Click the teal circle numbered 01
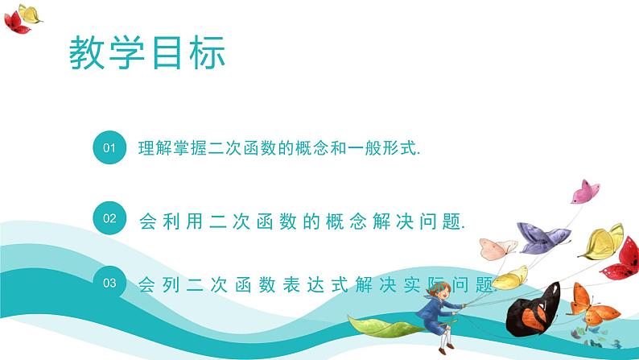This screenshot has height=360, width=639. point(111,148)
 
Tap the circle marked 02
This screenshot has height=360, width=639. point(111,217)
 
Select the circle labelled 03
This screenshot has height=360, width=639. point(111,283)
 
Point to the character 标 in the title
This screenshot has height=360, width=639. point(206,52)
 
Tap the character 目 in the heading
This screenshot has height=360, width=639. point(167,52)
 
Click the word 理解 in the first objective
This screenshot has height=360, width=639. point(155,149)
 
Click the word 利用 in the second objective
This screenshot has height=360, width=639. point(183,218)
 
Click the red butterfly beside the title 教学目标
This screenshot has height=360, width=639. point(18,23)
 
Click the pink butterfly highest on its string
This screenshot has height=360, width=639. point(585,192)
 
